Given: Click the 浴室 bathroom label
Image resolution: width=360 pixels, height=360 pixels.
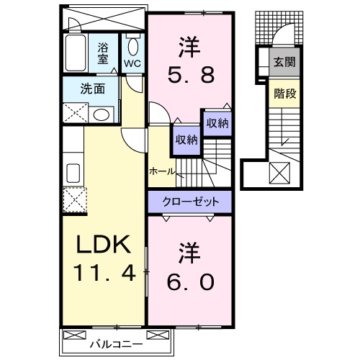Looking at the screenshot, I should pyautogui.click(x=104, y=55).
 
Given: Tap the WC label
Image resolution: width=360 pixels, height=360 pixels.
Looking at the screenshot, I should pyautogui.click(x=133, y=63).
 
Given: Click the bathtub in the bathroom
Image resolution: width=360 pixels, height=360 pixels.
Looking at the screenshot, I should pyautogui.click(x=76, y=52).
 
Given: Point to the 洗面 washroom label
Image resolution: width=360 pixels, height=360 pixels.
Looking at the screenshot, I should pyautogui.click(x=92, y=91).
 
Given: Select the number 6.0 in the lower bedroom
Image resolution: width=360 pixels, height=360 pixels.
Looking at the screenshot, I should pyautogui.click(x=192, y=282).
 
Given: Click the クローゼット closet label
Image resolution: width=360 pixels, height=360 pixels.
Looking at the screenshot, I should pyautogui.click(x=190, y=202).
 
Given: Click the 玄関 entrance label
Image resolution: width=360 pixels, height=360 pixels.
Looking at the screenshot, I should pyautogui.click(x=282, y=62).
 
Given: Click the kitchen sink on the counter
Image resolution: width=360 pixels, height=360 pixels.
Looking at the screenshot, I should pyautogui.click(x=73, y=173).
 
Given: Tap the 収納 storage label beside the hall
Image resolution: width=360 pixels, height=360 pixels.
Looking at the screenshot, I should pyautogui.click(x=184, y=139).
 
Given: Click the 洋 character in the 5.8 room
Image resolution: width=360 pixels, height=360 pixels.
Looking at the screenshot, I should pyautogui.click(x=190, y=45).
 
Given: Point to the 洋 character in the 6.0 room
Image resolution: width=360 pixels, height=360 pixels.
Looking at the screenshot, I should pyautogui.click(x=190, y=253).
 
